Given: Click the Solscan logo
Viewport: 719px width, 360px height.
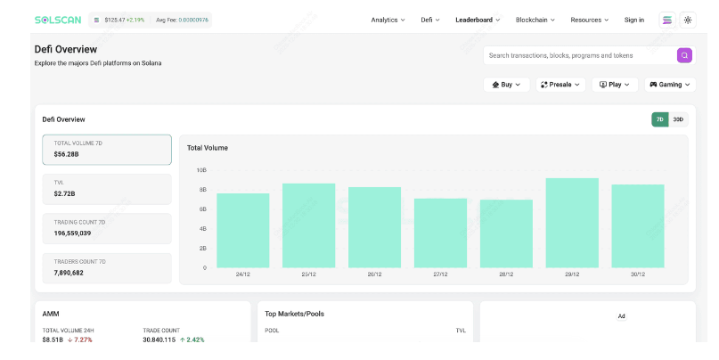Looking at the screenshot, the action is click(x=58, y=20).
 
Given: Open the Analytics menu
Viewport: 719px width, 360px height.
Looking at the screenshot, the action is click(x=388, y=20).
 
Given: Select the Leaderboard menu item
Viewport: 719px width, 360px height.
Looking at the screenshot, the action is click(x=478, y=20).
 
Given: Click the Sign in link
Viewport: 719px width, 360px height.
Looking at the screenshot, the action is click(x=634, y=20).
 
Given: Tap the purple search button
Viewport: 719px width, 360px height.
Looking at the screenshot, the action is click(x=684, y=55).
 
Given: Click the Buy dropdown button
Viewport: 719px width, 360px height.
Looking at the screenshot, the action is click(x=507, y=85).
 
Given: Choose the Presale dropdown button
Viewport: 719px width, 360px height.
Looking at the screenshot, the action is click(x=560, y=85).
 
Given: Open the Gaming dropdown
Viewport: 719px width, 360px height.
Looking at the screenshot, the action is click(x=670, y=85).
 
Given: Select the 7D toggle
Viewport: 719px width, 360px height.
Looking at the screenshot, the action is click(x=660, y=119).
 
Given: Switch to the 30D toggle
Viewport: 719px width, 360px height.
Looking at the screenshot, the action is click(x=678, y=119).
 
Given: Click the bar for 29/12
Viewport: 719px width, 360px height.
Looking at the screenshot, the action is click(x=572, y=223).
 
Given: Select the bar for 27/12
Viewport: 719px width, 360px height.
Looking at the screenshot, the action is click(x=440, y=233).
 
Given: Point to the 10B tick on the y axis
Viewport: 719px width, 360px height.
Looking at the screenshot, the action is click(x=201, y=170).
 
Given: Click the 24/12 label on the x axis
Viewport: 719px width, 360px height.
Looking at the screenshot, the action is click(x=243, y=274).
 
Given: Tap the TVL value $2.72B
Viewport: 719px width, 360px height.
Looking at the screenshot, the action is click(x=65, y=194).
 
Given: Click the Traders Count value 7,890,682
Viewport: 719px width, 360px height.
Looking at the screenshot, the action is click(x=69, y=273).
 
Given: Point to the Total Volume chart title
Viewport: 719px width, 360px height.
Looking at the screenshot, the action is click(x=208, y=148).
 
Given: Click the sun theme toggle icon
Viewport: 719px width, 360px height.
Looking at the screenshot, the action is click(x=688, y=20).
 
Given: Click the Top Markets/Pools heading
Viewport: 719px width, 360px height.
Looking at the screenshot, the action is click(x=294, y=315).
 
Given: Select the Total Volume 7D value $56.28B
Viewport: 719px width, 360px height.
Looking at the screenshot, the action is click(x=67, y=154).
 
